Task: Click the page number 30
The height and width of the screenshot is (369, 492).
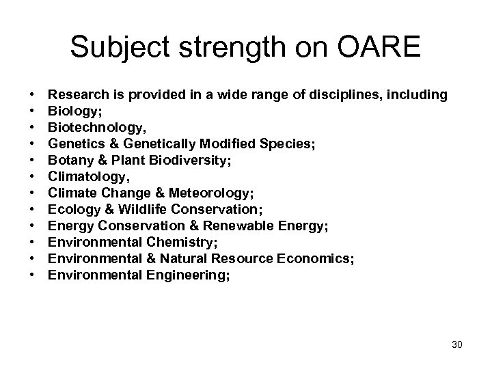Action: (457, 344)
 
